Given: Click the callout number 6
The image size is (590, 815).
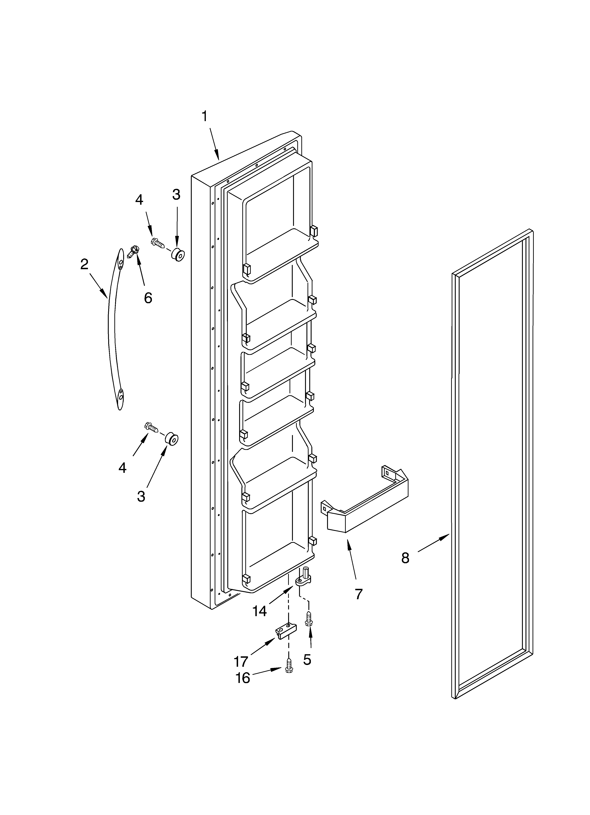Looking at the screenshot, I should point(148,298).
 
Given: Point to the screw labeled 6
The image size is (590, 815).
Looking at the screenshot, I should point(133,251).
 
